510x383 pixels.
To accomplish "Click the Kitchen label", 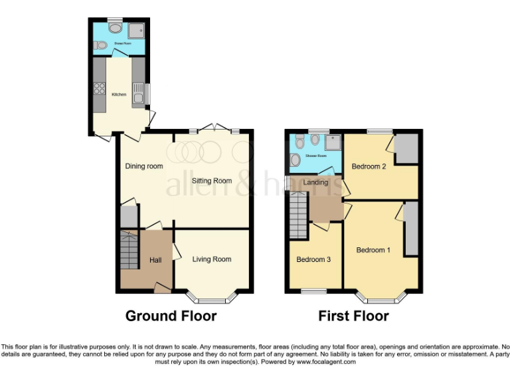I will tap(119, 94).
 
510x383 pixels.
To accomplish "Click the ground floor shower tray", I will tap(137, 31).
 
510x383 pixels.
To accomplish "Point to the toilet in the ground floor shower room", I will tap(100, 46).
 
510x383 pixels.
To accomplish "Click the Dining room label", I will tap(144, 166).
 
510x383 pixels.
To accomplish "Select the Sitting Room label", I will tap(212, 180).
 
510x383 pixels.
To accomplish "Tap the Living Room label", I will tap(212, 259).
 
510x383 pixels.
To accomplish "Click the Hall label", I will tap(155, 260).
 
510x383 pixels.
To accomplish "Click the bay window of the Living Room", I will tap(212, 294).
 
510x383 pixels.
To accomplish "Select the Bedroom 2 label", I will tap(369, 166).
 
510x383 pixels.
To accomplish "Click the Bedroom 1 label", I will tap(373, 250).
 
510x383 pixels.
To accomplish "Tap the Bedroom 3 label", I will tap(313, 259).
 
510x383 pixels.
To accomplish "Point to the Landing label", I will tap(316, 182).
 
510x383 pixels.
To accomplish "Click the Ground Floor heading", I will tap(171, 316).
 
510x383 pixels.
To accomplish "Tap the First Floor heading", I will tap(353, 316).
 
